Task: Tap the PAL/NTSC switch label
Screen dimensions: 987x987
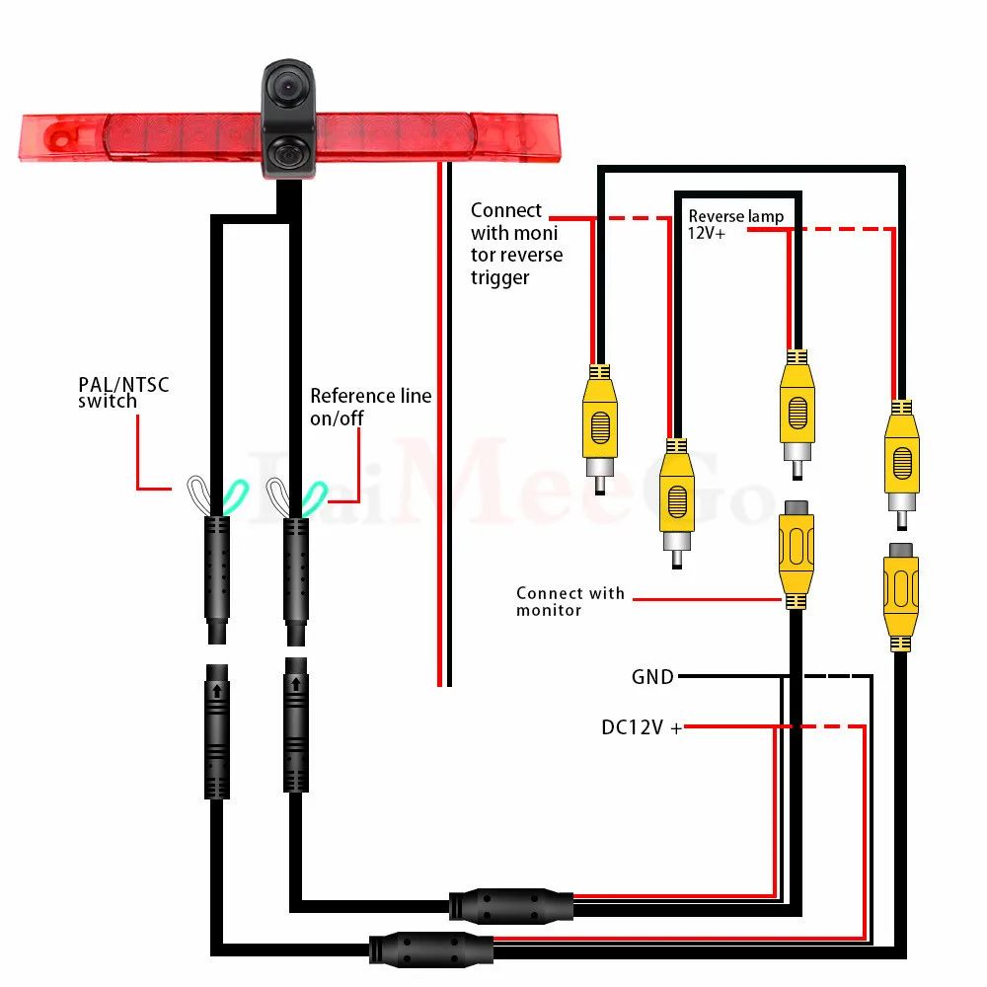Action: point(123,392)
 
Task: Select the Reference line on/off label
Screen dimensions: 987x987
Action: point(370,407)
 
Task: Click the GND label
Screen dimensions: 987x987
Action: point(652,677)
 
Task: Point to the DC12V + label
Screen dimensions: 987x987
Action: point(642,728)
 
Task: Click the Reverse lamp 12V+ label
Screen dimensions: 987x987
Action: point(735,224)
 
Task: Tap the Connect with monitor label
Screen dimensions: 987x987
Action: point(569,601)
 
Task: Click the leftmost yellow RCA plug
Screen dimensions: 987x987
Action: point(598,424)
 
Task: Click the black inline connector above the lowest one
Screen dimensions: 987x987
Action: point(510,903)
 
